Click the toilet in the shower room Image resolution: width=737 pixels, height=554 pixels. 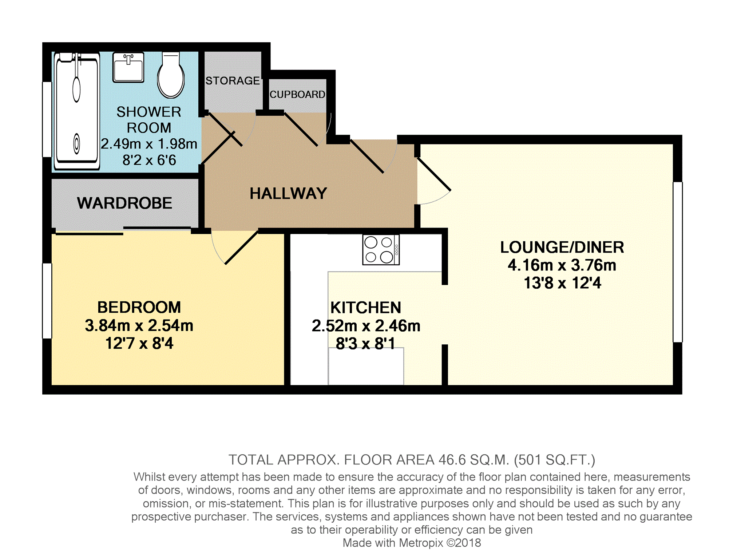171,75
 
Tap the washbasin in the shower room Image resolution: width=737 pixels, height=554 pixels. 128,67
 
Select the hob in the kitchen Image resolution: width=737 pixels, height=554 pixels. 381,250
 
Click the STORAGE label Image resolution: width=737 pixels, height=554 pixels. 233,80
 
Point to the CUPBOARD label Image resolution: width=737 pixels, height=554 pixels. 297,95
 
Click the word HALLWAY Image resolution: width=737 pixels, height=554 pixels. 288,193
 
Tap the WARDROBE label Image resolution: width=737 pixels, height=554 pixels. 124,203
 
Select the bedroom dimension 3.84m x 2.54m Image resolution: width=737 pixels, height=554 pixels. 139,325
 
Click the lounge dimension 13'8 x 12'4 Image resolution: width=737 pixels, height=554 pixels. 562,283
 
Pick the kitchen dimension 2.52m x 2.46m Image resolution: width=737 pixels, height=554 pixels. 366,326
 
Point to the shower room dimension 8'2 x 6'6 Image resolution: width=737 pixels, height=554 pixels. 149,160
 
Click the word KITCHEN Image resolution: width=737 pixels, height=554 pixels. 366,308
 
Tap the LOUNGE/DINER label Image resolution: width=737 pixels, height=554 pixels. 562,248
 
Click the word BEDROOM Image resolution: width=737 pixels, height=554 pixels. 139,307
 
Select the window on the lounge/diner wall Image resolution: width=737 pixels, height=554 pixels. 678,262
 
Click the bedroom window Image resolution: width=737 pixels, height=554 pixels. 47,301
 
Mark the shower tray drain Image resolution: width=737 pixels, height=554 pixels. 76,143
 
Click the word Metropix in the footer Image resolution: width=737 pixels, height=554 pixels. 421,543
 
